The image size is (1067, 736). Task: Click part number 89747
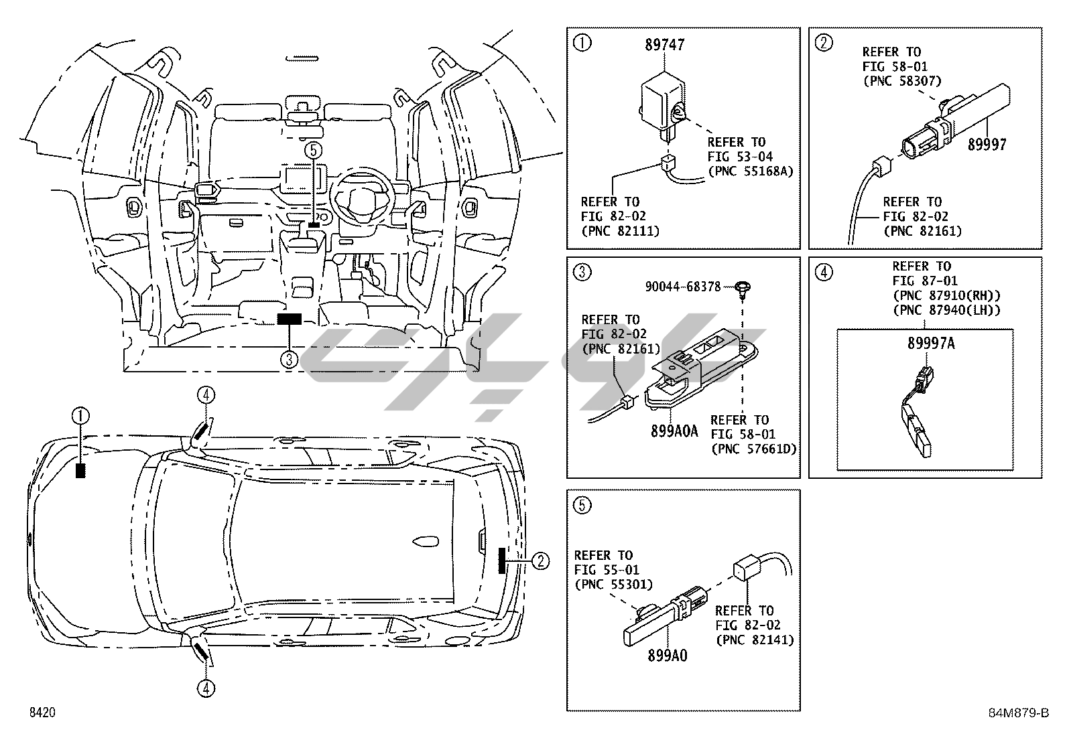click(x=665, y=45)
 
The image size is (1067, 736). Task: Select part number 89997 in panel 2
click(x=987, y=144)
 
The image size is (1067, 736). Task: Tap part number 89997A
click(x=931, y=344)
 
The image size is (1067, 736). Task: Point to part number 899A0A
click(x=674, y=431)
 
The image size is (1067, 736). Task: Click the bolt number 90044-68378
click(x=683, y=287)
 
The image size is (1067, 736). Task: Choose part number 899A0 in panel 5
click(x=667, y=656)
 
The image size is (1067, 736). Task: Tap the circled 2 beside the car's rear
click(x=540, y=561)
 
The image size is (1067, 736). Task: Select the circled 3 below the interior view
click(x=289, y=360)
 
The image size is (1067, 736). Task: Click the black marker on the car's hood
click(x=81, y=470)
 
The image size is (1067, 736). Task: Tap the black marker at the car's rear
click(x=502, y=560)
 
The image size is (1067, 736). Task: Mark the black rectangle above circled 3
click(x=290, y=319)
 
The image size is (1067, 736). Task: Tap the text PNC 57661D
click(x=754, y=449)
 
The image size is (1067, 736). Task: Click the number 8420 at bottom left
click(x=42, y=713)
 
